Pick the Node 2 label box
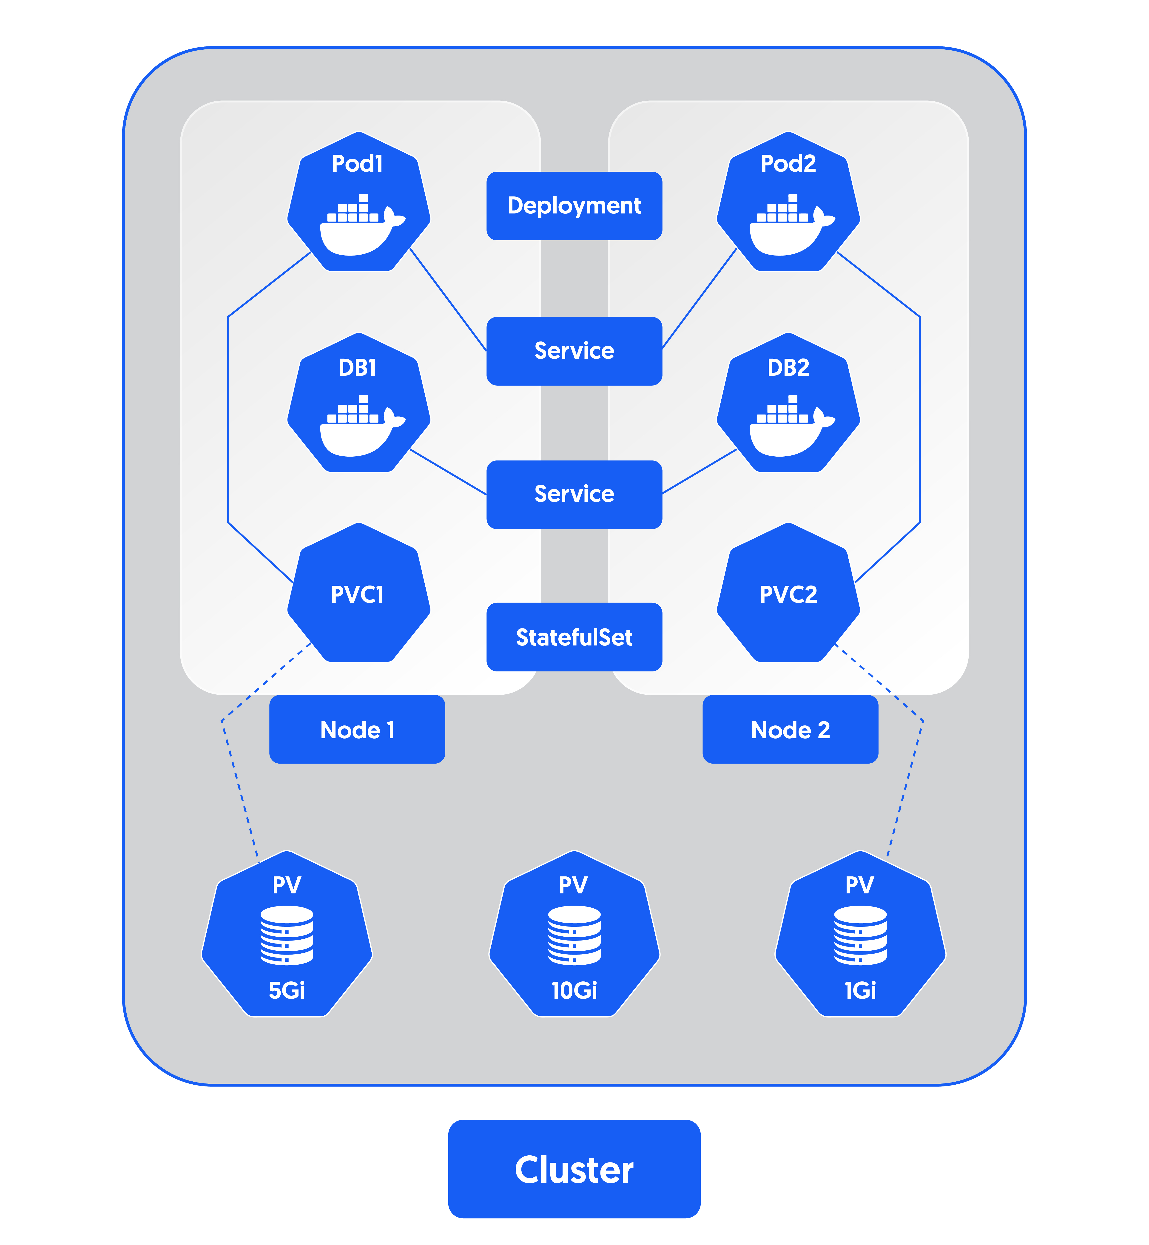point(790,730)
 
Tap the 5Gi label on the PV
point(287,990)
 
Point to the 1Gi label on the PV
point(861,990)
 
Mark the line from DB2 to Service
point(700,472)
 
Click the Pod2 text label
point(788,163)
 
